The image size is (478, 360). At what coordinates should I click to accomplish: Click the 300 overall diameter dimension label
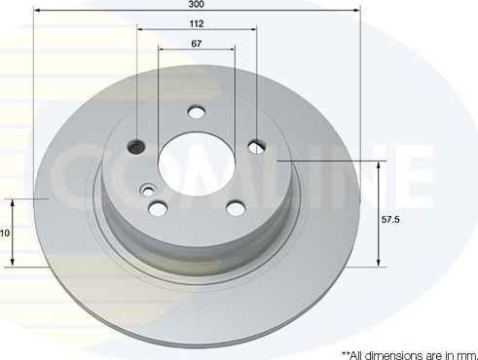coord(197,6)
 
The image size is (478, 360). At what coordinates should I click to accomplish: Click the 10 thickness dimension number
coord(5,234)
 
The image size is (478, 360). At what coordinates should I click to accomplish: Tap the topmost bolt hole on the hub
coord(197,113)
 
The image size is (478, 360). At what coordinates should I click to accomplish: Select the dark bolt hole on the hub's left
coord(137,147)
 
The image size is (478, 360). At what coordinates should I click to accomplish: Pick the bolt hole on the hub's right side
coord(256,147)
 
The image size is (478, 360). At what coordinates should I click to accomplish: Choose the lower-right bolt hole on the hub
coord(235,206)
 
